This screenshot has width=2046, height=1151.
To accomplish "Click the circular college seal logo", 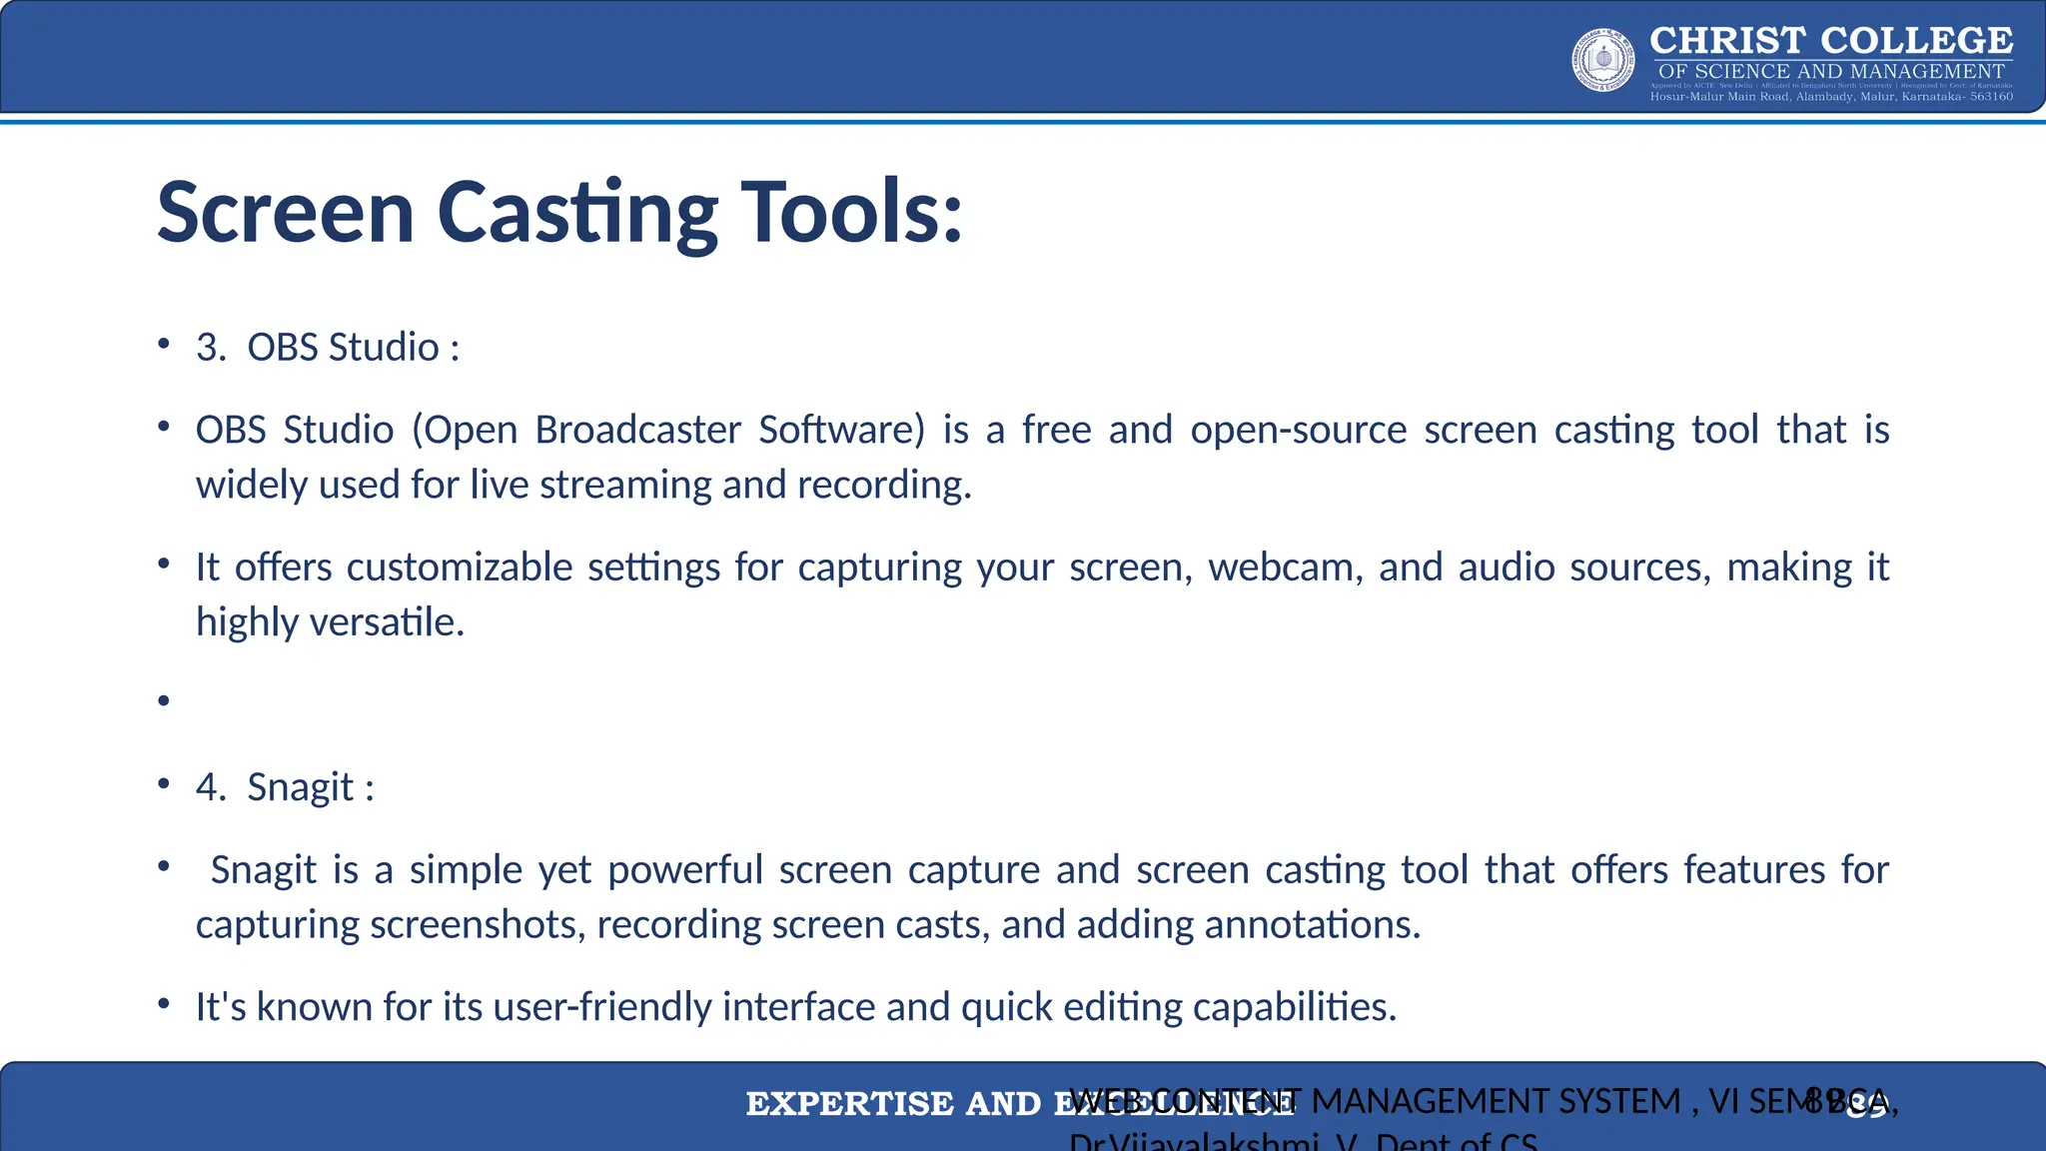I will coord(1603,60).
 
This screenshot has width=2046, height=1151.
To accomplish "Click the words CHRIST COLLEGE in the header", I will coord(1830,41).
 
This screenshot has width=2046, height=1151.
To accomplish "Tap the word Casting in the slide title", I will coord(577,213).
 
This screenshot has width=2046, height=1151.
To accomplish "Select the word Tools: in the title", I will coord(851,213).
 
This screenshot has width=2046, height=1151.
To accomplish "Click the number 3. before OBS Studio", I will coord(211,348).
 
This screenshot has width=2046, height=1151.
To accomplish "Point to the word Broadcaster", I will coord(637,430).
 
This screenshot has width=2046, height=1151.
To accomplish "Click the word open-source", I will coord(1298,430).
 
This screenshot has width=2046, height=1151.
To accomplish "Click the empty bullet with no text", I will coord(164,702).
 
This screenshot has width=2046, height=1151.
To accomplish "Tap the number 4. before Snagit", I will coord(211,787).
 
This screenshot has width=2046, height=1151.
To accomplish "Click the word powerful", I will coord(685,870).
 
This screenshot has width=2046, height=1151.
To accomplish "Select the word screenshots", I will coord(476,925).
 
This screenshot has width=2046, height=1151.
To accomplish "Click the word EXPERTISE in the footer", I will coord(849,1104).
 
